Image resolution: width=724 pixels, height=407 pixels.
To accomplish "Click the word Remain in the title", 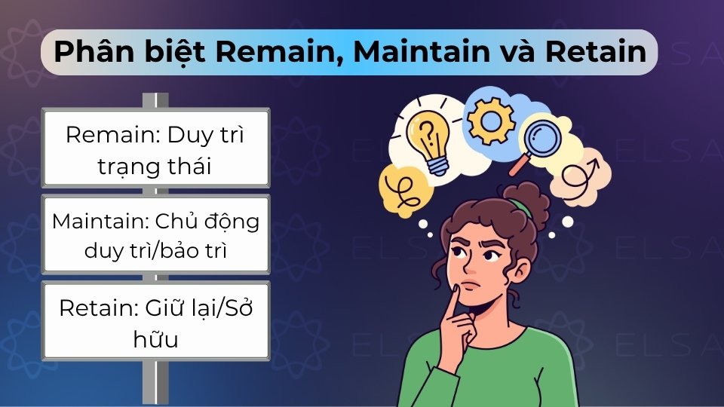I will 271,52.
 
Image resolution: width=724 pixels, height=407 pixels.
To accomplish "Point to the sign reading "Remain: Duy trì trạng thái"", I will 156,148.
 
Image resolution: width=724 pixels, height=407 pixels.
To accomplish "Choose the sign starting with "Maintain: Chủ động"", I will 156,234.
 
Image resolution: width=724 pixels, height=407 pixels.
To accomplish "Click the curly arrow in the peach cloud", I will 581,178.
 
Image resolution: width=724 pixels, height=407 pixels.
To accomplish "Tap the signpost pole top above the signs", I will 156,99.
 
